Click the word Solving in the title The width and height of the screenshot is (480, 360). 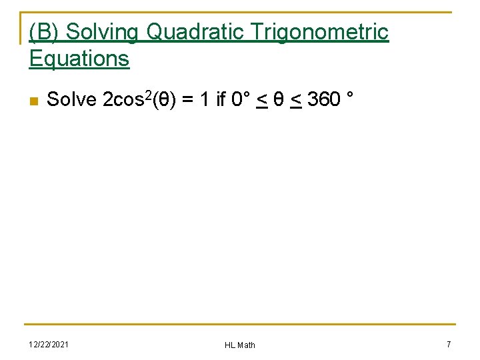(103, 32)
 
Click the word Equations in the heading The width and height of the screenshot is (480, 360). (79, 59)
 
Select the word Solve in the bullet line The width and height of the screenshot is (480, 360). (72, 100)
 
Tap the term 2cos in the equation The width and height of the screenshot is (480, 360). (122, 100)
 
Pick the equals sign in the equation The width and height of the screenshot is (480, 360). (188, 100)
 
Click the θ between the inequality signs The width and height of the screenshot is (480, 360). (280, 100)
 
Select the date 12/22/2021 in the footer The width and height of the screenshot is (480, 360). (49, 344)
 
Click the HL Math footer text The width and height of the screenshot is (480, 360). (240, 345)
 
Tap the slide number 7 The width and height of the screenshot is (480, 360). (449, 344)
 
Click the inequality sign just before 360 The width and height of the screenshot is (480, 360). (296, 100)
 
